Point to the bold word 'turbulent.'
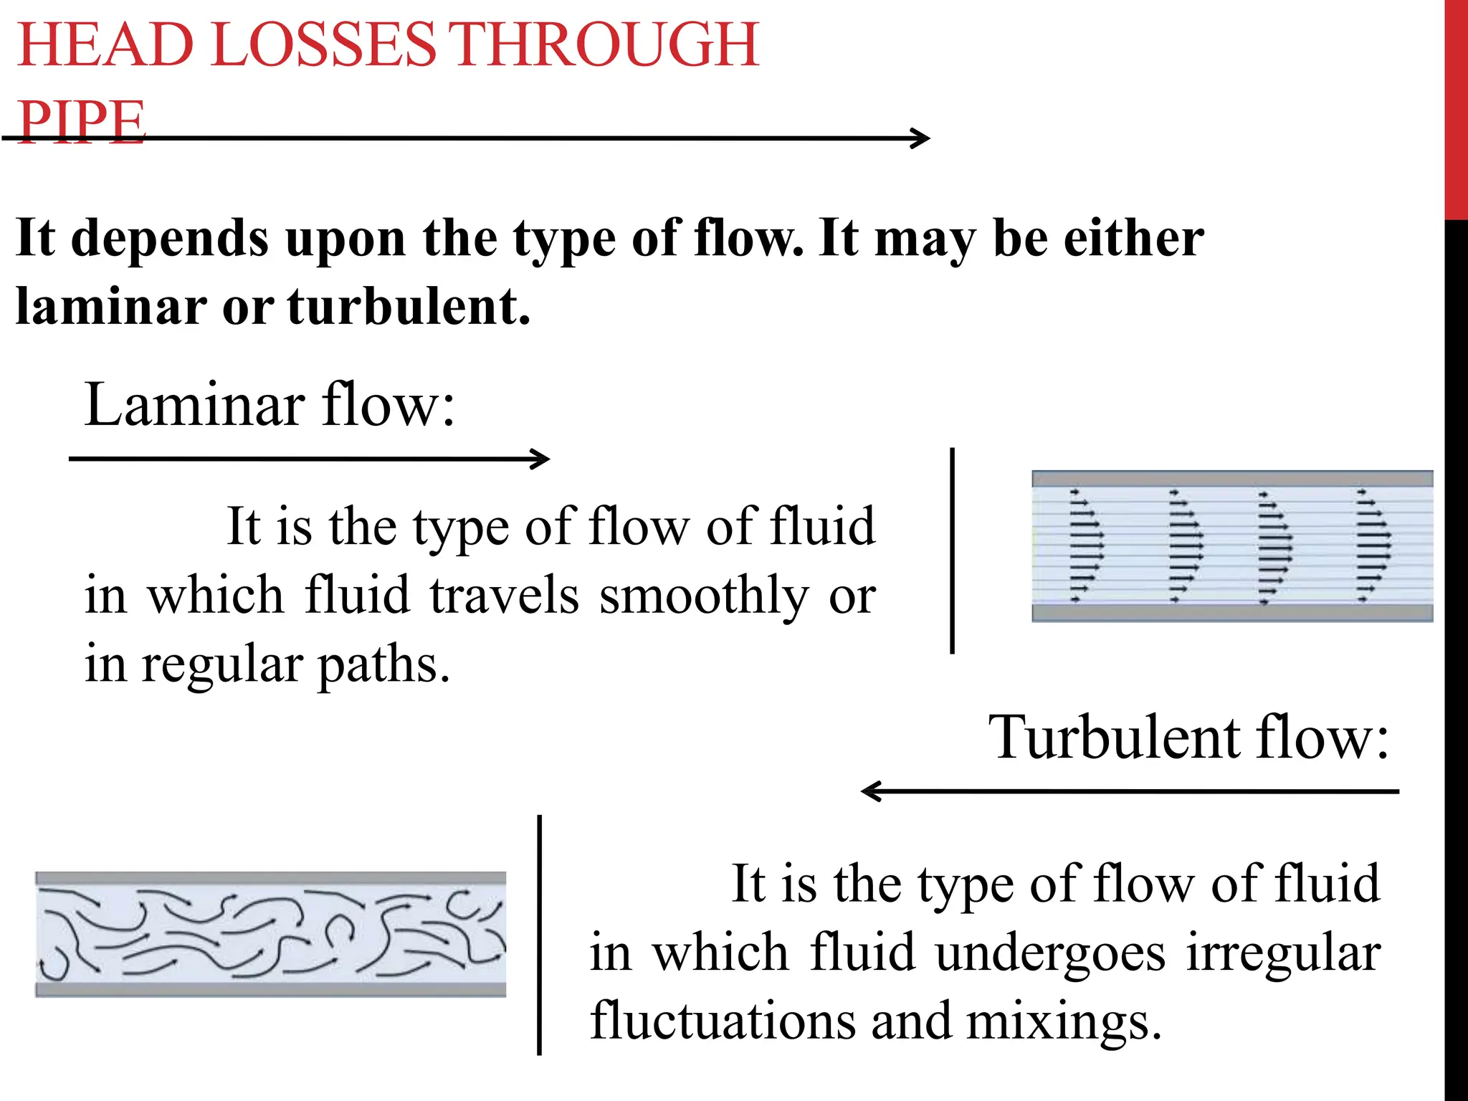(x=409, y=306)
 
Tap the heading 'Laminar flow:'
(x=270, y=405)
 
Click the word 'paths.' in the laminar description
(x=383, y=665)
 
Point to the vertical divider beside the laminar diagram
(x=952, y=550)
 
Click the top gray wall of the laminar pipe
(x=1231, y=479)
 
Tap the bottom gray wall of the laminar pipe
(x=1231, y=612)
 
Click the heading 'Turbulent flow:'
(x=1188, y=738)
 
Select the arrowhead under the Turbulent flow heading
(x=869, y=791)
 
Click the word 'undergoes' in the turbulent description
(x=1051, y=954)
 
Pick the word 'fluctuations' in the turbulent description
(x=723, y=1021)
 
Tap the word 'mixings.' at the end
(x=1063, y=1021)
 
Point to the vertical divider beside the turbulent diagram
(x=539, y=935)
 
